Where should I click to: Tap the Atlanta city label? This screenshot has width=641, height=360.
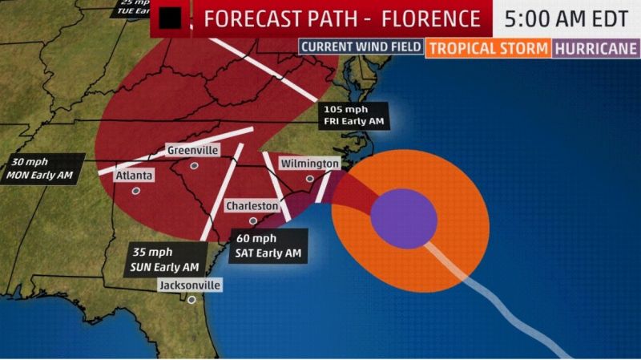point(135,175)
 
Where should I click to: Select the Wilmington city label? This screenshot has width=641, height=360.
point(309,164)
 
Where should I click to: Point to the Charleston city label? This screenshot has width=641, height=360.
point(252,206)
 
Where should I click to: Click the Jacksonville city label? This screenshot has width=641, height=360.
point(189,285)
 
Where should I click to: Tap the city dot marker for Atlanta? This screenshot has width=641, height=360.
point(136,191)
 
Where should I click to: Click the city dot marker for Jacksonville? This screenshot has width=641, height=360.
point(191,301)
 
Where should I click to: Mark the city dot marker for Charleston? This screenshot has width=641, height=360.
point(252,220)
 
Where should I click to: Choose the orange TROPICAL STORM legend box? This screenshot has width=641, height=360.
point(490,47)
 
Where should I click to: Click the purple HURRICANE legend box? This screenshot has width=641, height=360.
point(596,47)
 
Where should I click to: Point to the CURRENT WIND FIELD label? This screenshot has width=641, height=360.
point(361,47)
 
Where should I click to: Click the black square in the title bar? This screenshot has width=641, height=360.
point(169,18)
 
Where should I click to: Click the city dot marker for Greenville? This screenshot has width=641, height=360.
point(194,166)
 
